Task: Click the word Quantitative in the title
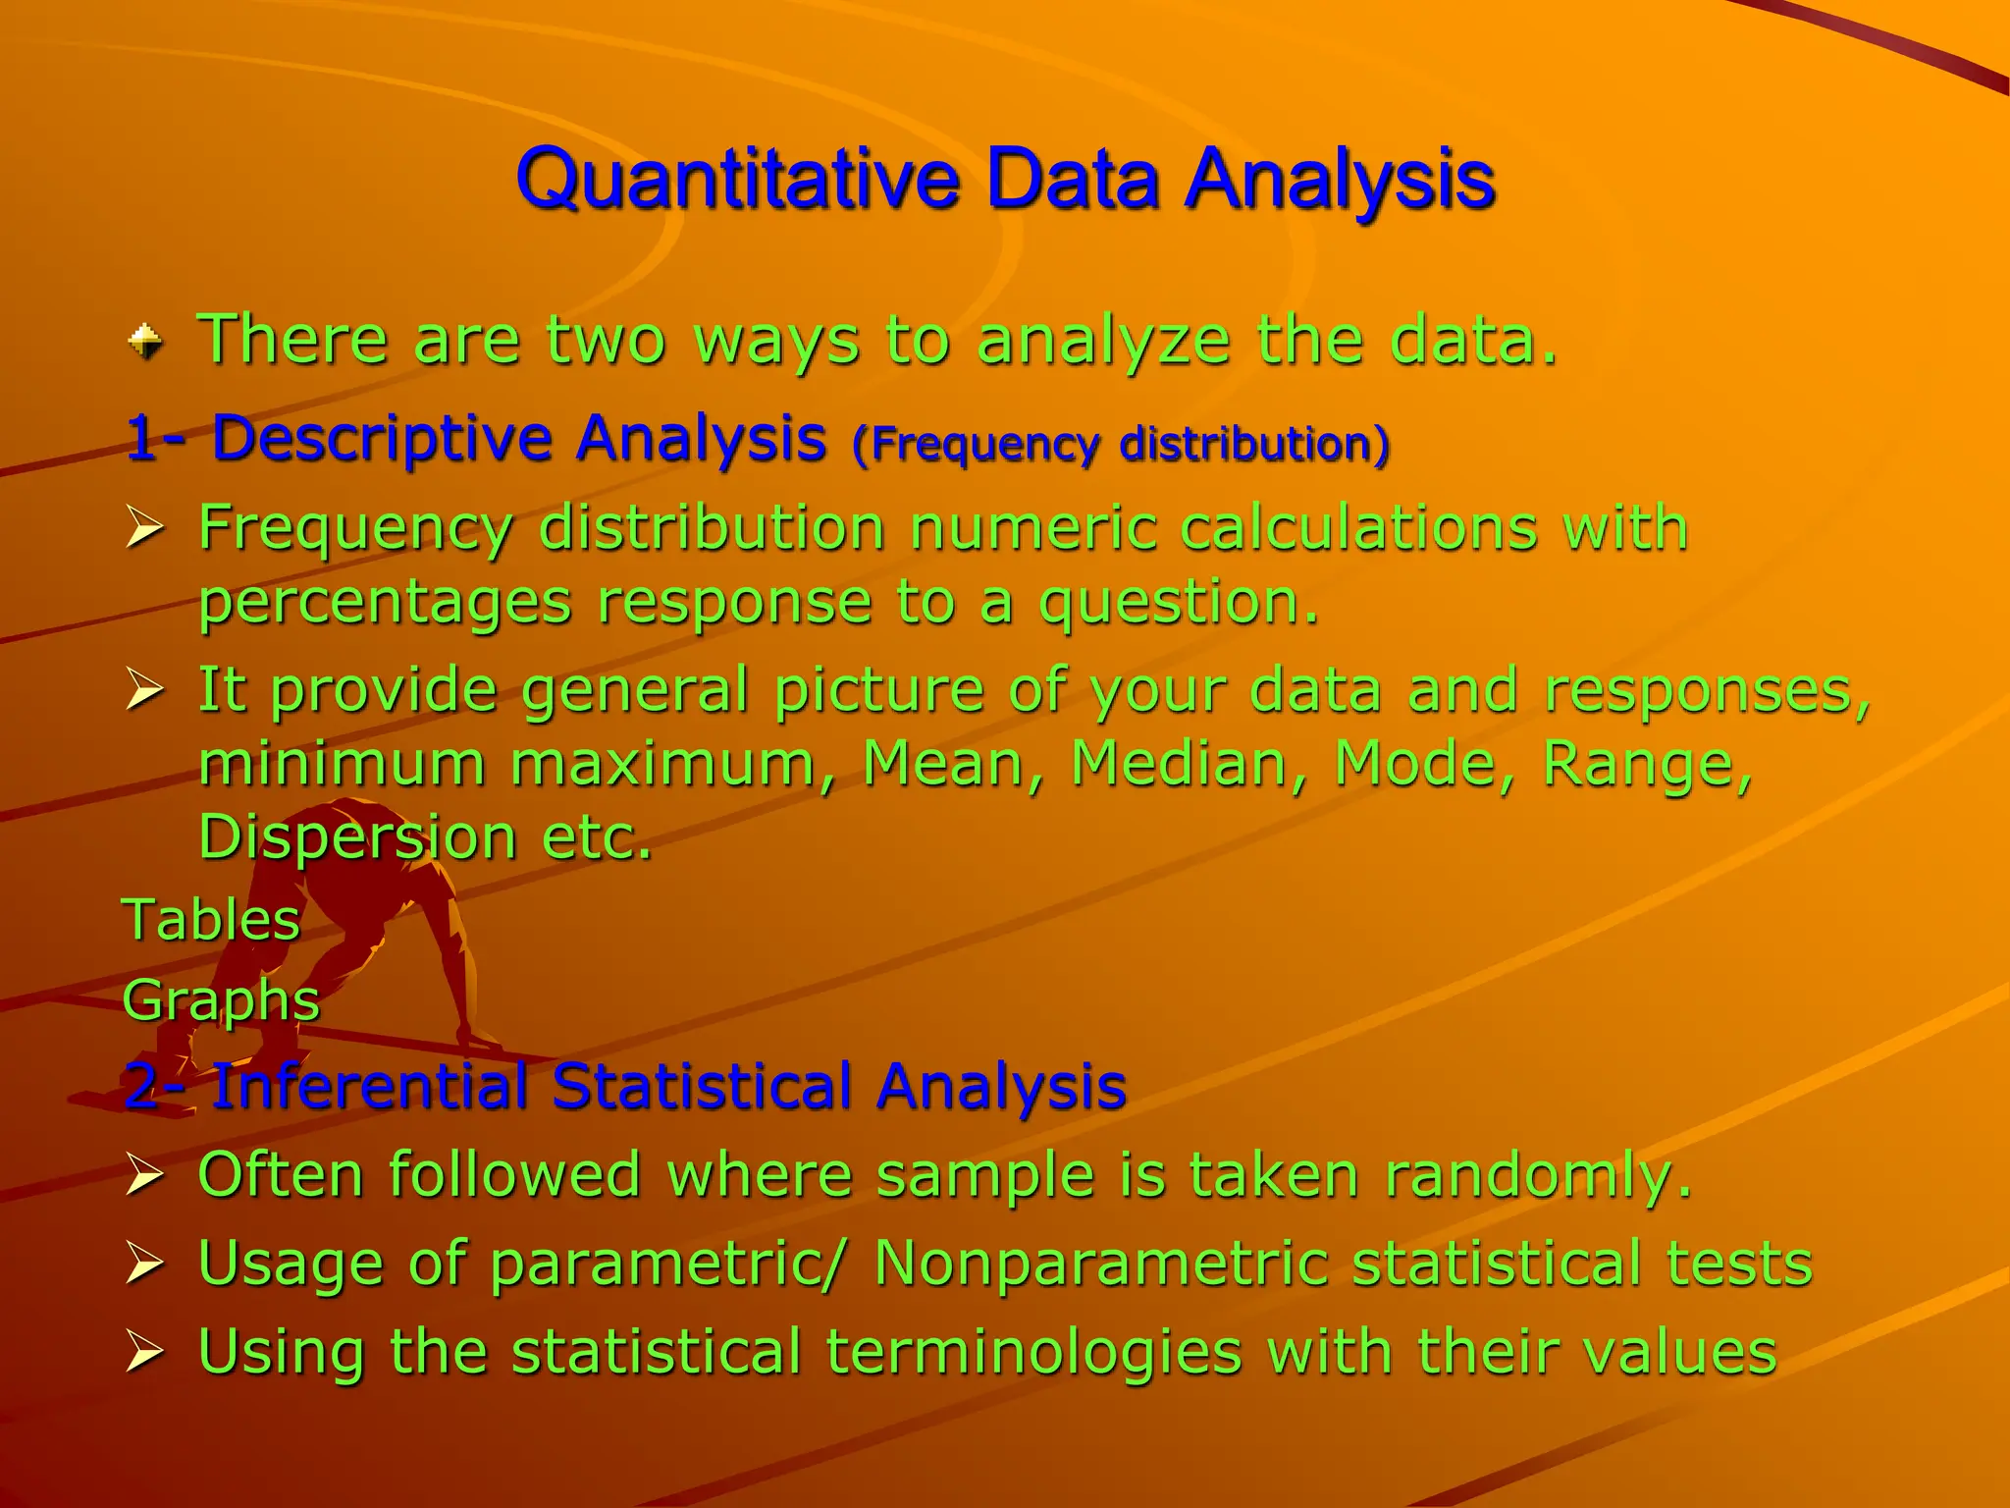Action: [737, 180]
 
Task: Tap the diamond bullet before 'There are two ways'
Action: [146, 342]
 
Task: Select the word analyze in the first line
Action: [1103, 341]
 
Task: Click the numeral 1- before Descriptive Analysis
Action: [157, 438]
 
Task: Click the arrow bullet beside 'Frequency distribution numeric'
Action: [144, 529]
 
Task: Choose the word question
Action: [1179, 602]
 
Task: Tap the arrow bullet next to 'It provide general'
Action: [144, 690]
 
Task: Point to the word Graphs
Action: [222, 1001]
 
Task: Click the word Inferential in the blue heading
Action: [370, 1087]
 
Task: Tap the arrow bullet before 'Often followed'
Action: [144, 1175]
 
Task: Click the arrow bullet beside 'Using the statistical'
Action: [144, 1352]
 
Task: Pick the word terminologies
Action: [1034, 1352]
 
